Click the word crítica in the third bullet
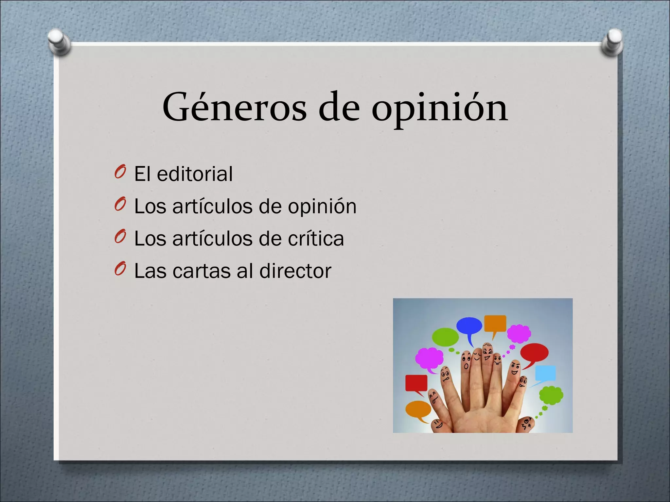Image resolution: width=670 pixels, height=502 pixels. click(316, 238)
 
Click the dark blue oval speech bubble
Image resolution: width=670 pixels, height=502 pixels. click(469, 326)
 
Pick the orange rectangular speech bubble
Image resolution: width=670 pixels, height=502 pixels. click(495, 324)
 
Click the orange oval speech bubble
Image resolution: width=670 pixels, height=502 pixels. click(418, 409)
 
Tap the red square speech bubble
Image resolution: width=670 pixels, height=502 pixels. click(416, 383)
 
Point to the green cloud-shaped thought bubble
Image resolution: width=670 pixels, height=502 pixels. click(551, 395)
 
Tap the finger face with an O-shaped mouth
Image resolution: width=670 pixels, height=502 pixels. click(466, 362)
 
